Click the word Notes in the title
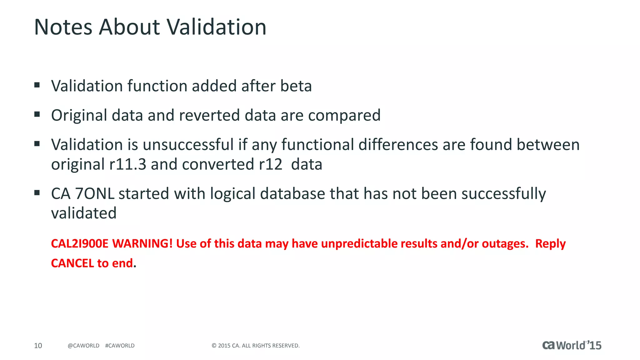tap(63, 27)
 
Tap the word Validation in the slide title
tap(216, 27)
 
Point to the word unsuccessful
tap(188, 145)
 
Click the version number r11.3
tap(127, 164)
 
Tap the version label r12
tap(271, 164)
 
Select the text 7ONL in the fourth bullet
tap(95, 194)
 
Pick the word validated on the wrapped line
tap(84, 213)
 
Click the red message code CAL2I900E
tap(80, 244)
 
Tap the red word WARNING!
tap(142, 244)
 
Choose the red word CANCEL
tap(72, 263)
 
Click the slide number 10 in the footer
tap(38, 346)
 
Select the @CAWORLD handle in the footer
tap(83, 346)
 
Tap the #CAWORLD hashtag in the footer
tap(120, 346)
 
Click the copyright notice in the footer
tap(255, 346)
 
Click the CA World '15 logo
tap(572, 345)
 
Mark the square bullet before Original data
tap(37, 114)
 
